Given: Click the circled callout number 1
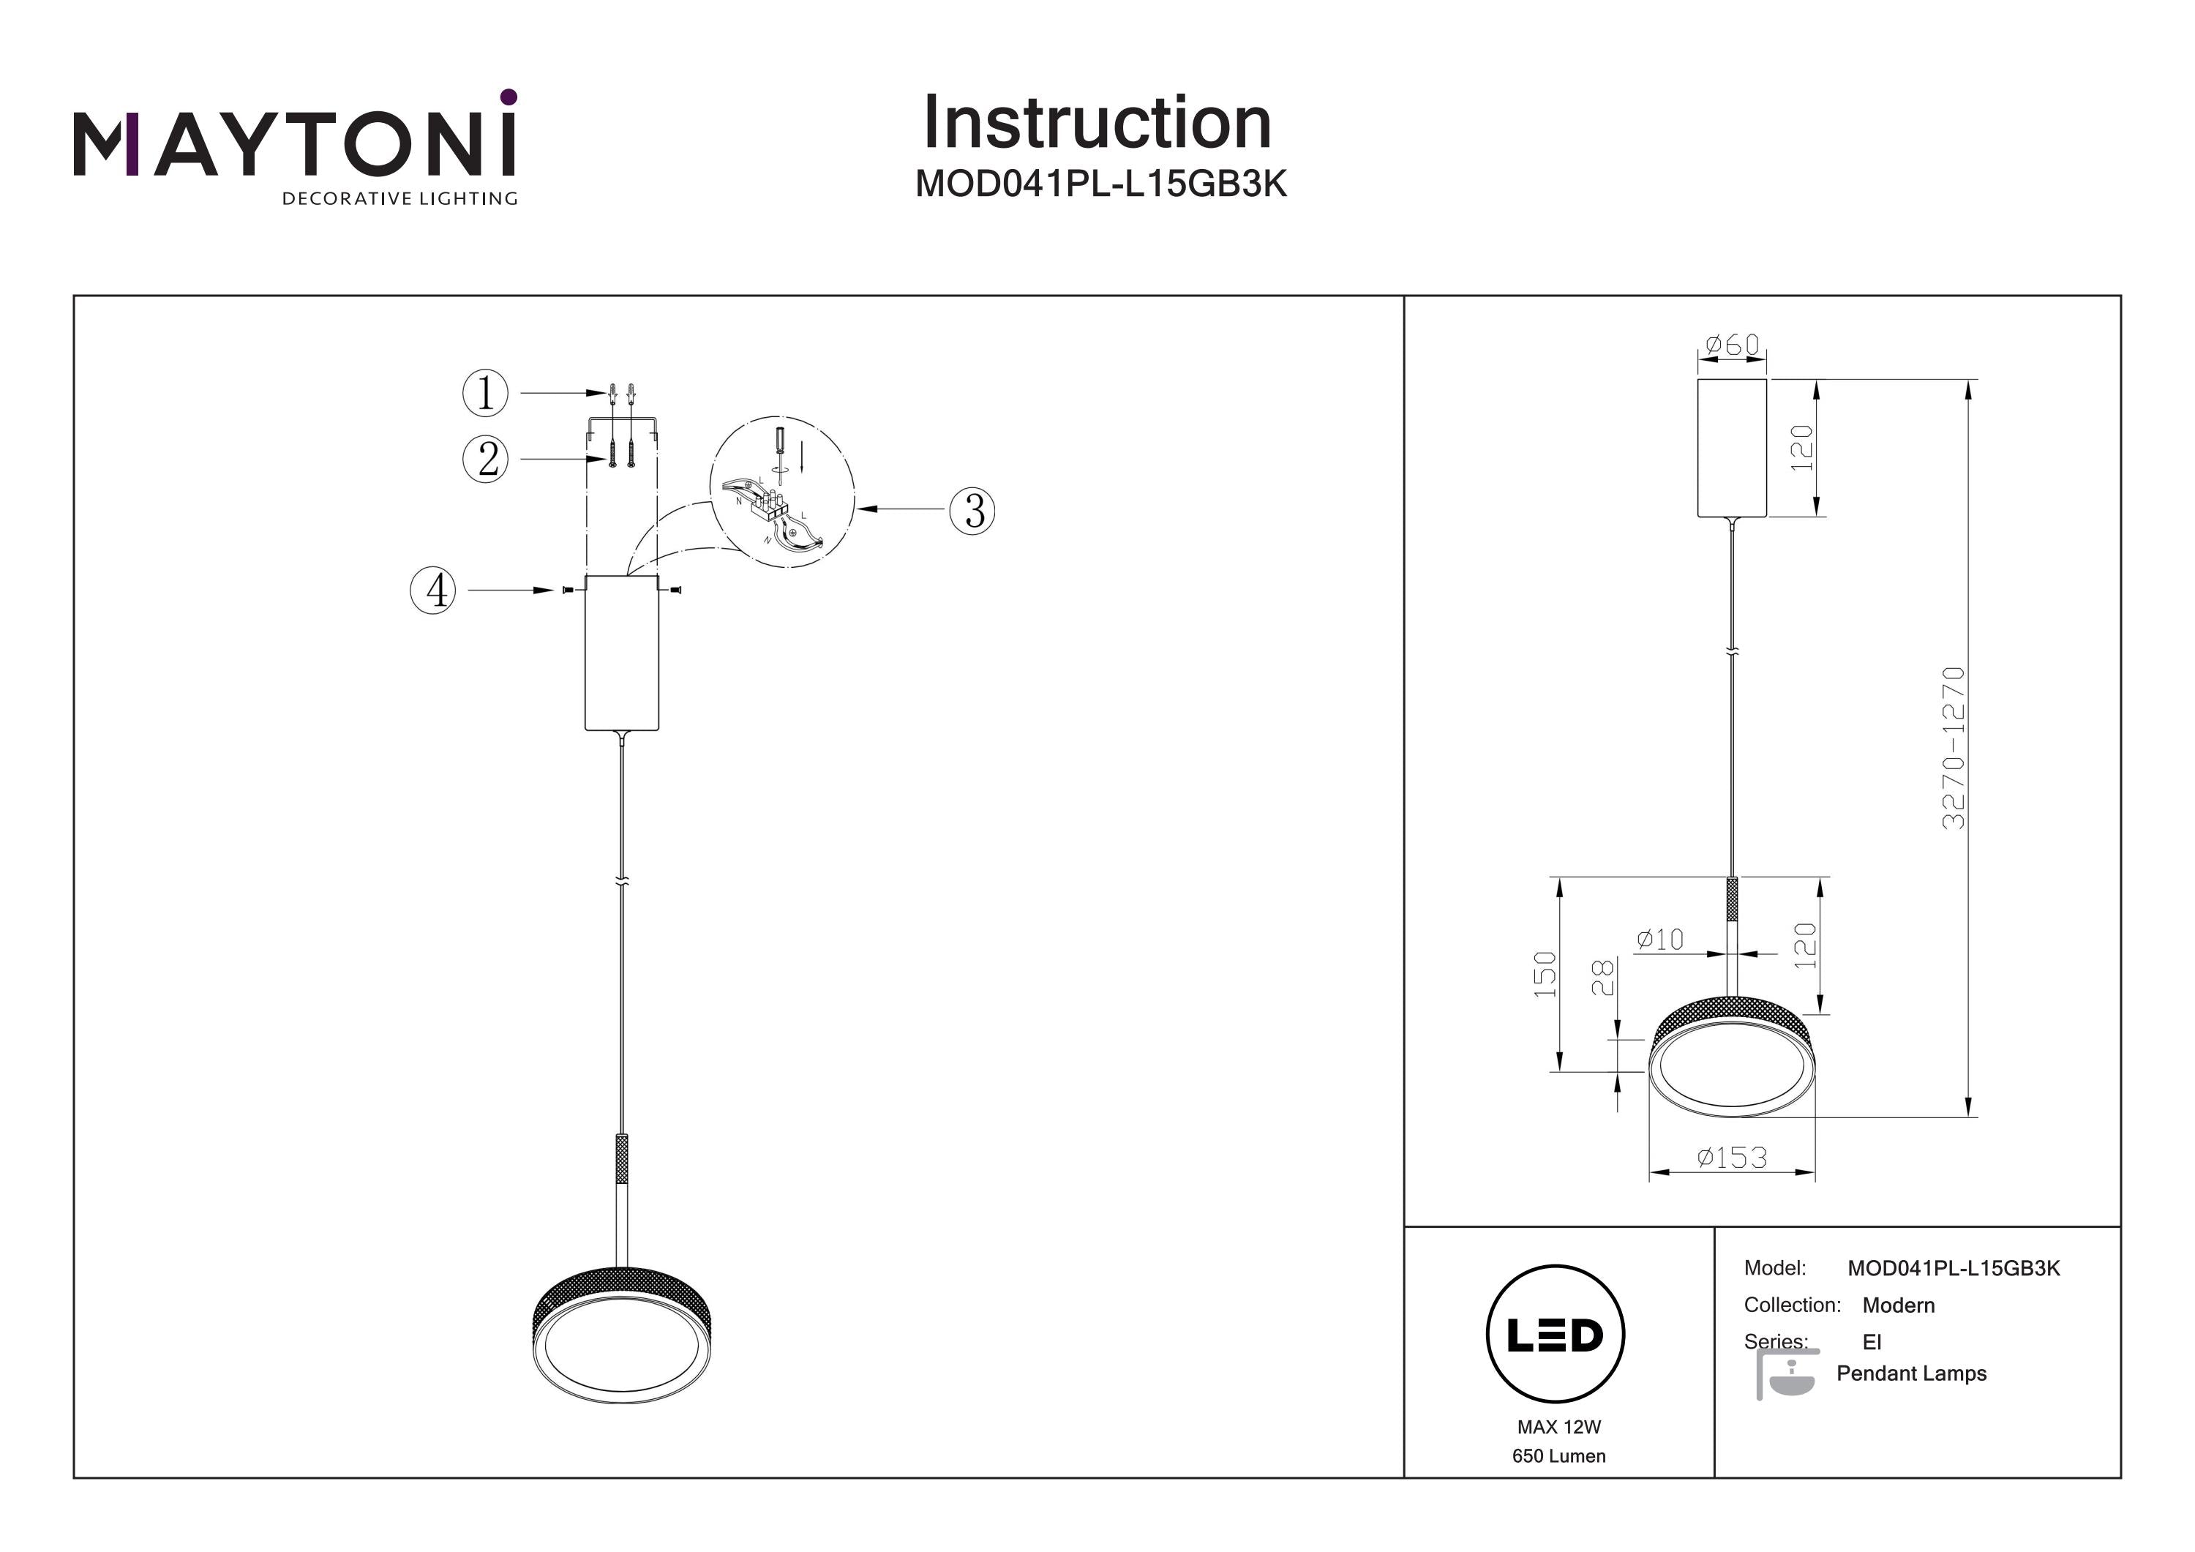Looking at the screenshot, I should pyautogui.click(x=486, y=393).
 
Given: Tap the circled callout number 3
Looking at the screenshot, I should pyautogui.click(x=972, y=511).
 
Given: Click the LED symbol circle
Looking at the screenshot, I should pyautogui.click(x=1556, y=1335).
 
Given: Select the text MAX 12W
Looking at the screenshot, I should pyautogui.click(x=1558, y=1427).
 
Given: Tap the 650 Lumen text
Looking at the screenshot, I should pyautogui.click(x=1558, y=1456).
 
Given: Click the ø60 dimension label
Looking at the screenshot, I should pyautogui.click(x=1733, y=344).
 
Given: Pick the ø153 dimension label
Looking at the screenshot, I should pyautogui.click(x=1731, y=1158).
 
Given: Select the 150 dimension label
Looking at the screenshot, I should pyautogui.click(x=1545, y=975).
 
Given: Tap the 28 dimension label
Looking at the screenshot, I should pyautogui.click(x=1602, y=978).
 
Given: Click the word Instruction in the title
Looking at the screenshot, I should pyautogui.click(x=1097, y=124).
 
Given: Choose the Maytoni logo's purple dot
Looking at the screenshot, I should pyautogui.click(x=509, y=97).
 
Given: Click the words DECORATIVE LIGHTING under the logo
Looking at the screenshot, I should pyautogui.click(x=399, y=199).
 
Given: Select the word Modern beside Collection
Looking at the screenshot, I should pyautogui.click(x=1899, y=1305).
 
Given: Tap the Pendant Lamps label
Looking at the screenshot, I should pyautogui.click(x=1911, y=1373).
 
